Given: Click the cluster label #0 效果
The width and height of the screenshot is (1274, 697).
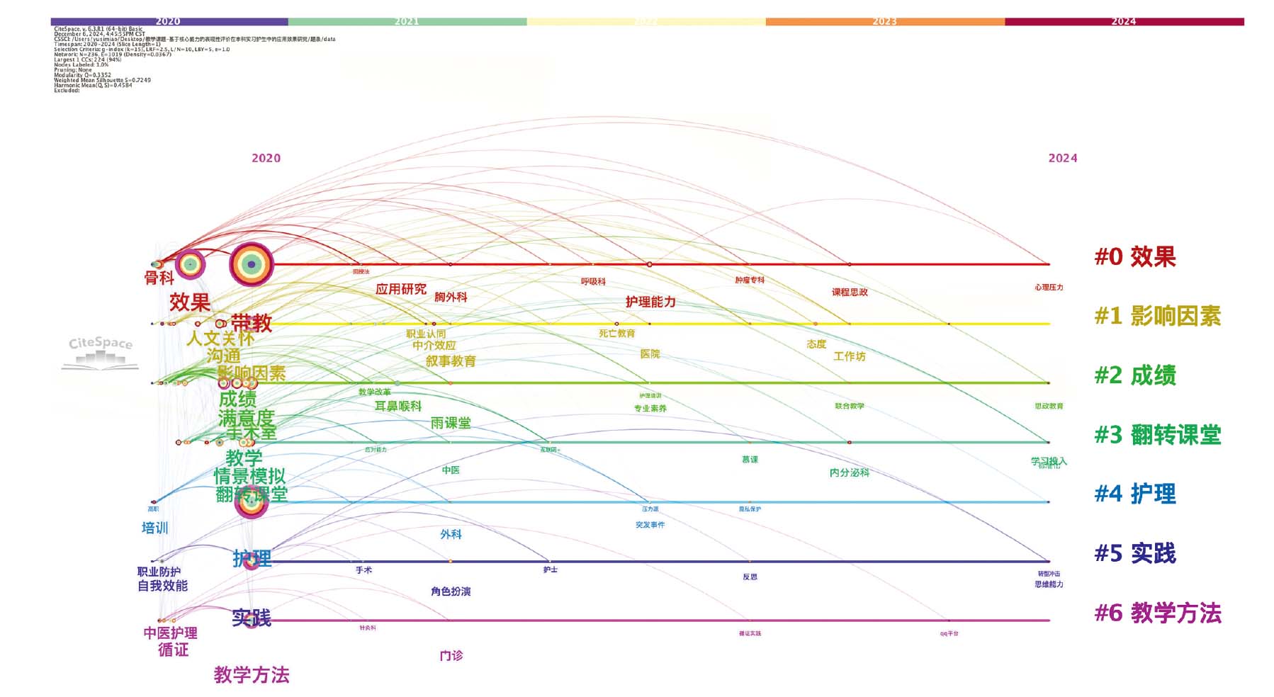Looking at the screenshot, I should (x=1135, y=256).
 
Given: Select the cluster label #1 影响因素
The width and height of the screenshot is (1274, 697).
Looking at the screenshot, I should (x=1158, y=316).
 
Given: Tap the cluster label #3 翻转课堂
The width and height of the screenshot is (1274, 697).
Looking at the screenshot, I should (x=1158, y=435).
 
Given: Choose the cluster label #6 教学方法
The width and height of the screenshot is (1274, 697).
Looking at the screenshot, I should (x=1158, y=613).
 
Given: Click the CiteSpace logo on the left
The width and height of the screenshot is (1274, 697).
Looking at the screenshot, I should (x=100, y=352).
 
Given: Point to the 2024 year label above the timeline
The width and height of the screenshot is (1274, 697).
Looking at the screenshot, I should (x=1062, y=159).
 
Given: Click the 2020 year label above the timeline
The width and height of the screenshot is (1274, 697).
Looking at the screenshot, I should (x=266, y=159).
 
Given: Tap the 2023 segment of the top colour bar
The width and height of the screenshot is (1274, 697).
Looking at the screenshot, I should (x=884, y=22).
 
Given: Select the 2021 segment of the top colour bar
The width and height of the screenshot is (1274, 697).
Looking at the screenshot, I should (x=407, y=22).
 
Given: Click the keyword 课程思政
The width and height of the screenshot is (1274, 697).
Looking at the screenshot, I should (x=850, y=292).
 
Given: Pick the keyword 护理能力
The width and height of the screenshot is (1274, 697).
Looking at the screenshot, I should (x=650, y=302).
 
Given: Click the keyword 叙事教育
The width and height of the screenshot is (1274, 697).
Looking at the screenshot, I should (x=451, y=361).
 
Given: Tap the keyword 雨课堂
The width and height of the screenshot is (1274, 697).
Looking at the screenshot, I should (x=451, y=423).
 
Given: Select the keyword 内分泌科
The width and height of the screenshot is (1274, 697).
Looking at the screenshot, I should (x=849, y=472).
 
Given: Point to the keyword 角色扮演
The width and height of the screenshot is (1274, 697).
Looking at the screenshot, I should (x=451, y=591).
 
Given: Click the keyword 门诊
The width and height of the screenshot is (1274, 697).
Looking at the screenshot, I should (x=451, y=656).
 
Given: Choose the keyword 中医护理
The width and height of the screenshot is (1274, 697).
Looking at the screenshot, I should (x=170, y=633).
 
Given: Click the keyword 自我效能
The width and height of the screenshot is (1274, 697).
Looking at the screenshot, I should (x=162, y=586).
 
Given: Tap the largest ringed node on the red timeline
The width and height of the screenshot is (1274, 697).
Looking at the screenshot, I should (x=251, y=264).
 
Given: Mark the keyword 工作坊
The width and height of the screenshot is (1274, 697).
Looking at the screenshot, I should (x=849, y=356).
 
